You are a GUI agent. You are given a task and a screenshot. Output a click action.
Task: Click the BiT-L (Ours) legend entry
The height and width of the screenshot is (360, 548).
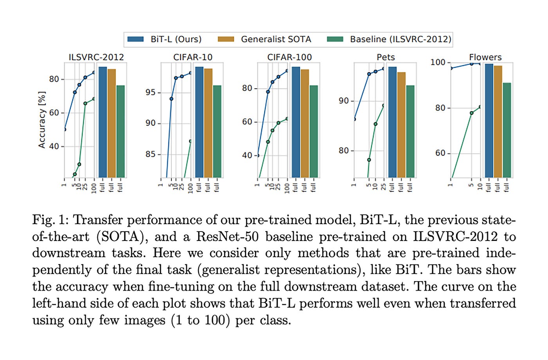tap(164, 39)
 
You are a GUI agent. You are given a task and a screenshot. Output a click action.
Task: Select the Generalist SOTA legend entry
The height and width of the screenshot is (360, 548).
tap(265, 39)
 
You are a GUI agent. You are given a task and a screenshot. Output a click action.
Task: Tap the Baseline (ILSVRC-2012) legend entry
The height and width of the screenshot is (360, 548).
tap(389, 39)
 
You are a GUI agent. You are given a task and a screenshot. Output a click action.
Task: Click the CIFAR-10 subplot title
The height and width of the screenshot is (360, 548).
tap(193, 57)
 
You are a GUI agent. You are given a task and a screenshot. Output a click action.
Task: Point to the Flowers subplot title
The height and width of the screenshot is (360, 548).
tap(485, 57)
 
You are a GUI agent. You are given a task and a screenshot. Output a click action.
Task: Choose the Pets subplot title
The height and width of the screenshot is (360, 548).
tap(386, 57)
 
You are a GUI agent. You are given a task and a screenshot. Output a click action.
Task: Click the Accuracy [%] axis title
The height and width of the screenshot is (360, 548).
tap(41, 120)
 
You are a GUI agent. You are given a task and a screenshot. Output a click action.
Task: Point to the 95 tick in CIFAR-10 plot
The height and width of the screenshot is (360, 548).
tap(151, 92)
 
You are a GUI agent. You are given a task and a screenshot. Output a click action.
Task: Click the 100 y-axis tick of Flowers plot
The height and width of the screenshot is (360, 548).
tap(438, 62)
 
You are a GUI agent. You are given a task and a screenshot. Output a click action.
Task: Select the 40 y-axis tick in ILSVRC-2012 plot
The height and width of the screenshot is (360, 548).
tap(54, 147)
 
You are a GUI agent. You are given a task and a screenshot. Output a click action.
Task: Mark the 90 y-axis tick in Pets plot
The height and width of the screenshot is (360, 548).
tap(344, 101)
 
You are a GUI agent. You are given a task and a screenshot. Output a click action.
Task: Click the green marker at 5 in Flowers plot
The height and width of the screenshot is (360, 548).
tap(471, 113)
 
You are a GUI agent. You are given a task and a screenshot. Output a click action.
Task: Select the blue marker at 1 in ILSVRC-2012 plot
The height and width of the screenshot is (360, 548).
tap(65, 129)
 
